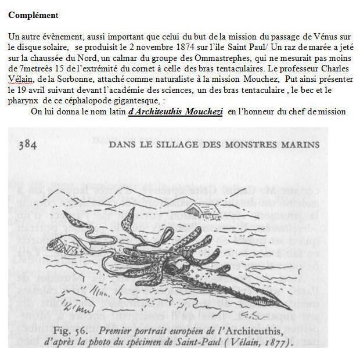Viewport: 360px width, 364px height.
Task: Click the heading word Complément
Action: [x=33, y=15]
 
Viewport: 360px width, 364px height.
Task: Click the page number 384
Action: [x=27, y=145]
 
